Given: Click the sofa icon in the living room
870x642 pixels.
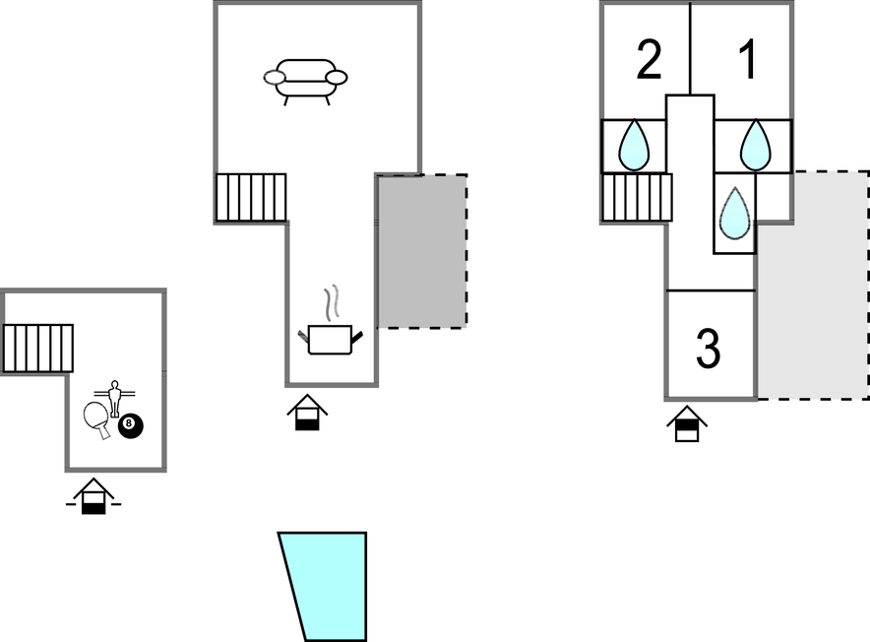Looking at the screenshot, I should click(306, 79).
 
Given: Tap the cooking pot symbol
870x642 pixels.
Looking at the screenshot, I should click(330, 340).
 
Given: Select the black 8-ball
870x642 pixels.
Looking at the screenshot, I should click(130, 426).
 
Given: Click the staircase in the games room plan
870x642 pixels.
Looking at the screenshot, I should click(38, 348).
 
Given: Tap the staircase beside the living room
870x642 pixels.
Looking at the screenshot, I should click(251, 197).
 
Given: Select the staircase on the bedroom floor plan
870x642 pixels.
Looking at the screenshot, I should click(636, 197).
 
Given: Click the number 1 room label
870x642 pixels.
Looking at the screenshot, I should click(748, 60).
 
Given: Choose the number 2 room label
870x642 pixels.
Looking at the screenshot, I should click(649, 60).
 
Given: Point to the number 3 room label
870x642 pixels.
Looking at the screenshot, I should click(708, 348).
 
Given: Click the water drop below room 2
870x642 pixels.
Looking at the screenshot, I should click(633, 145).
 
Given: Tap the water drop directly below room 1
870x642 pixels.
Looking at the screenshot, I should click(755, 145).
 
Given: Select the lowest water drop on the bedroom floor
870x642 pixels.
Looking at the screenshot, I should click(734, 213).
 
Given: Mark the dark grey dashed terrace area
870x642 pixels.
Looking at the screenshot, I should click(422, 250).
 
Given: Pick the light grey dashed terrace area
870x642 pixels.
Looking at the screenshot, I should click(813, 286).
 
